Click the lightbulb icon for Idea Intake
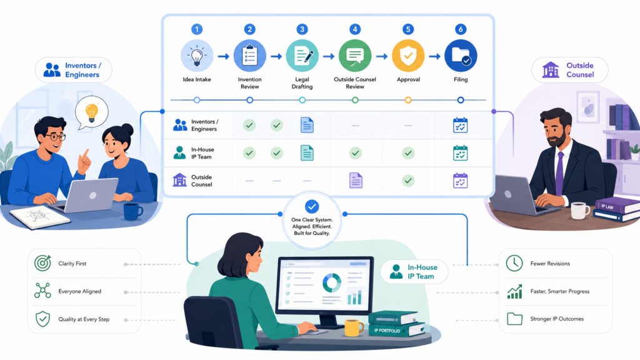coord(197,56)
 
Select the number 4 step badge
coord(355,29)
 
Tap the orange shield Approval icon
coord(407,56)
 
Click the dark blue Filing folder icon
coord(461,56)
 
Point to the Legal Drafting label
coord(302,83)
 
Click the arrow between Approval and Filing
coord(434,56)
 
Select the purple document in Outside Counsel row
coord(356,181)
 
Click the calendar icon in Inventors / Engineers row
coord(461,125)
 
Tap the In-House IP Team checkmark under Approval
coord(407,153)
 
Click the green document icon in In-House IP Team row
coord(307,153)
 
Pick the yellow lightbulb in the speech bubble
coord(91,112)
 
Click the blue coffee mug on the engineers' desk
coord(132,211)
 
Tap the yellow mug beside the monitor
coord(354,327)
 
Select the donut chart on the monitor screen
coord(332,282)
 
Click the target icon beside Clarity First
coord(43,263)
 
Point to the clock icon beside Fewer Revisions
coord(514,263)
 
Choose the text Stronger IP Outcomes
coord(557,319)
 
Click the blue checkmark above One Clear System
coord(312,206)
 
